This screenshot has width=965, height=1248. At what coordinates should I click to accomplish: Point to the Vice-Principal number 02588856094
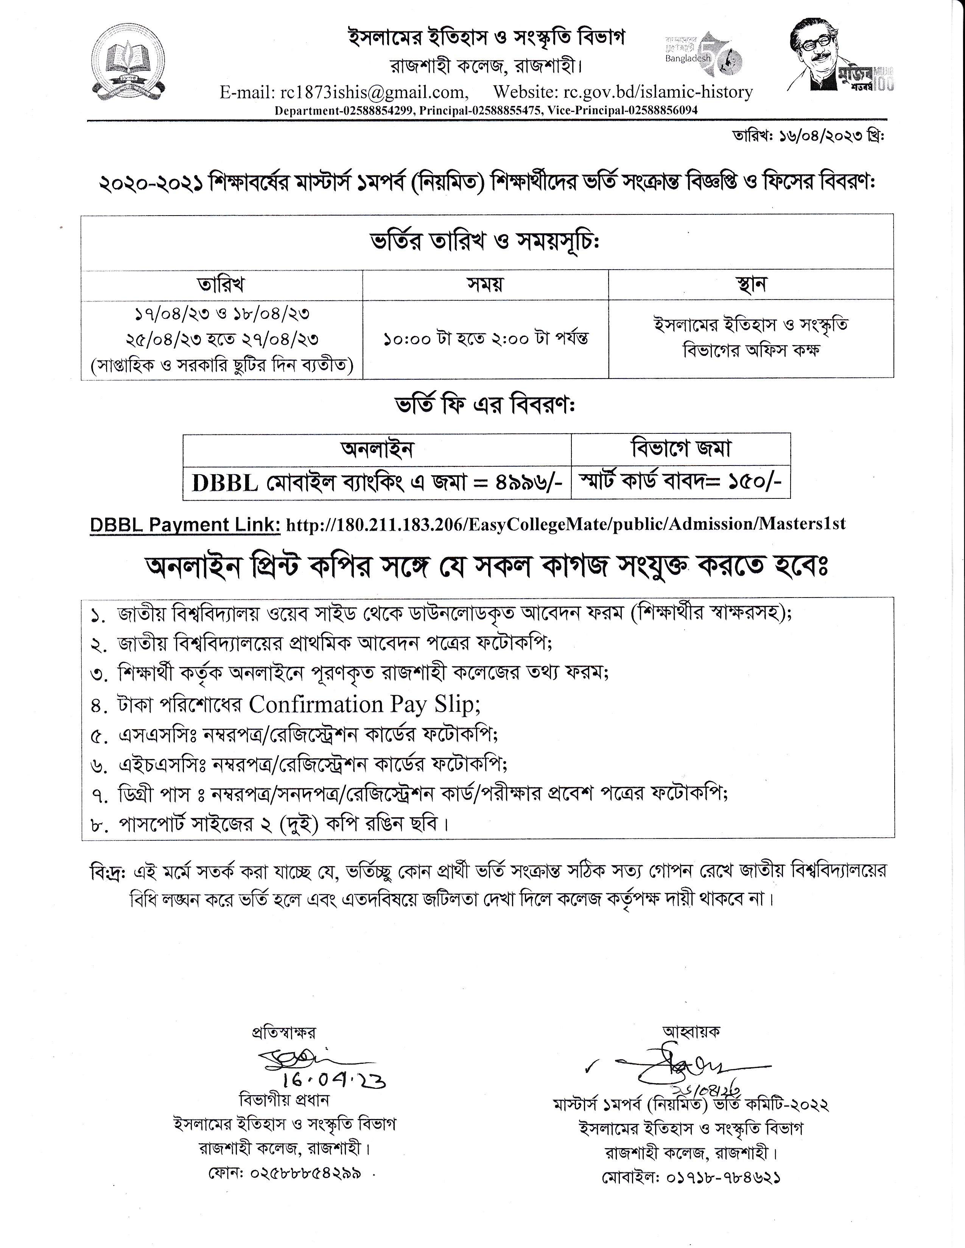[x=660, y=110]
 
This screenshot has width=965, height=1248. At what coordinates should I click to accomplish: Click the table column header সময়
[x=486, y=284]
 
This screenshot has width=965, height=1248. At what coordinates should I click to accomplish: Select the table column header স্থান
[x=751, y=284]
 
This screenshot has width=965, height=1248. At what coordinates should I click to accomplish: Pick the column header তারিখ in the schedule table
[x=221, y=284]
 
